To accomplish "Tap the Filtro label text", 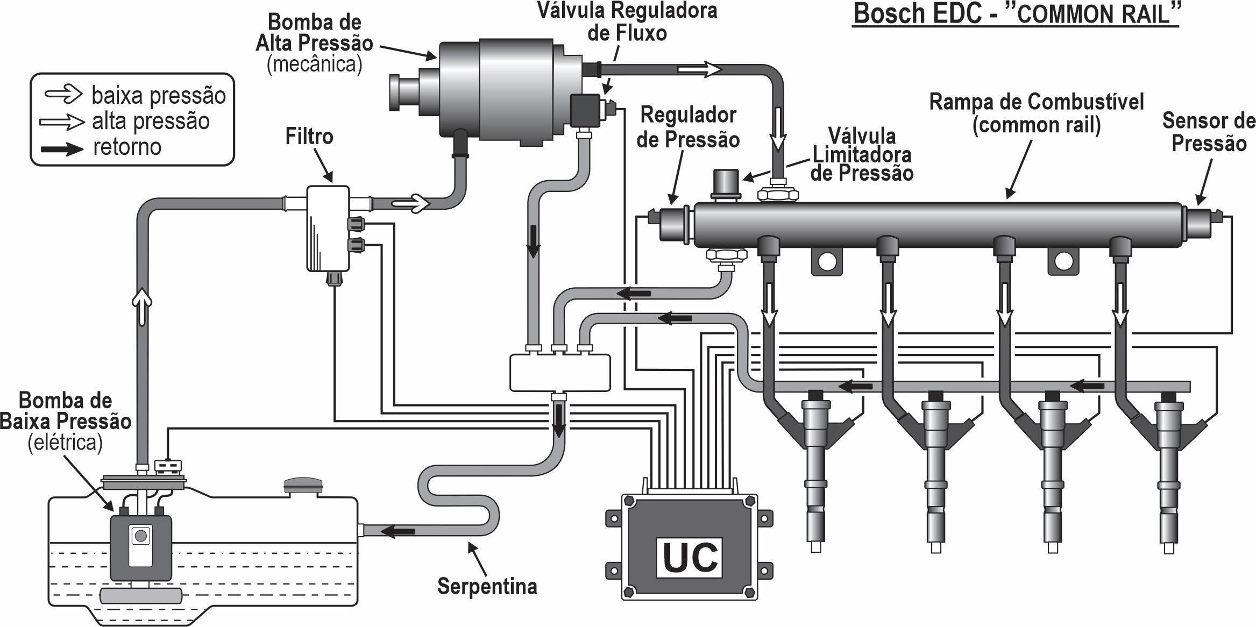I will pos(309,137).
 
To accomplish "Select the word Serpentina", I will pos(487,586).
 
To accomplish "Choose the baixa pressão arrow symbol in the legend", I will pos(63,95).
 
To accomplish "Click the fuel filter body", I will pos(328,229).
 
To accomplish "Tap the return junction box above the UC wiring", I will pos(559,372).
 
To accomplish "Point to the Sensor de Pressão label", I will pos(1208,132).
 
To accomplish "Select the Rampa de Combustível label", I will pos(1036,113).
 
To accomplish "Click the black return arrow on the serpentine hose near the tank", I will pos(398,532).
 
